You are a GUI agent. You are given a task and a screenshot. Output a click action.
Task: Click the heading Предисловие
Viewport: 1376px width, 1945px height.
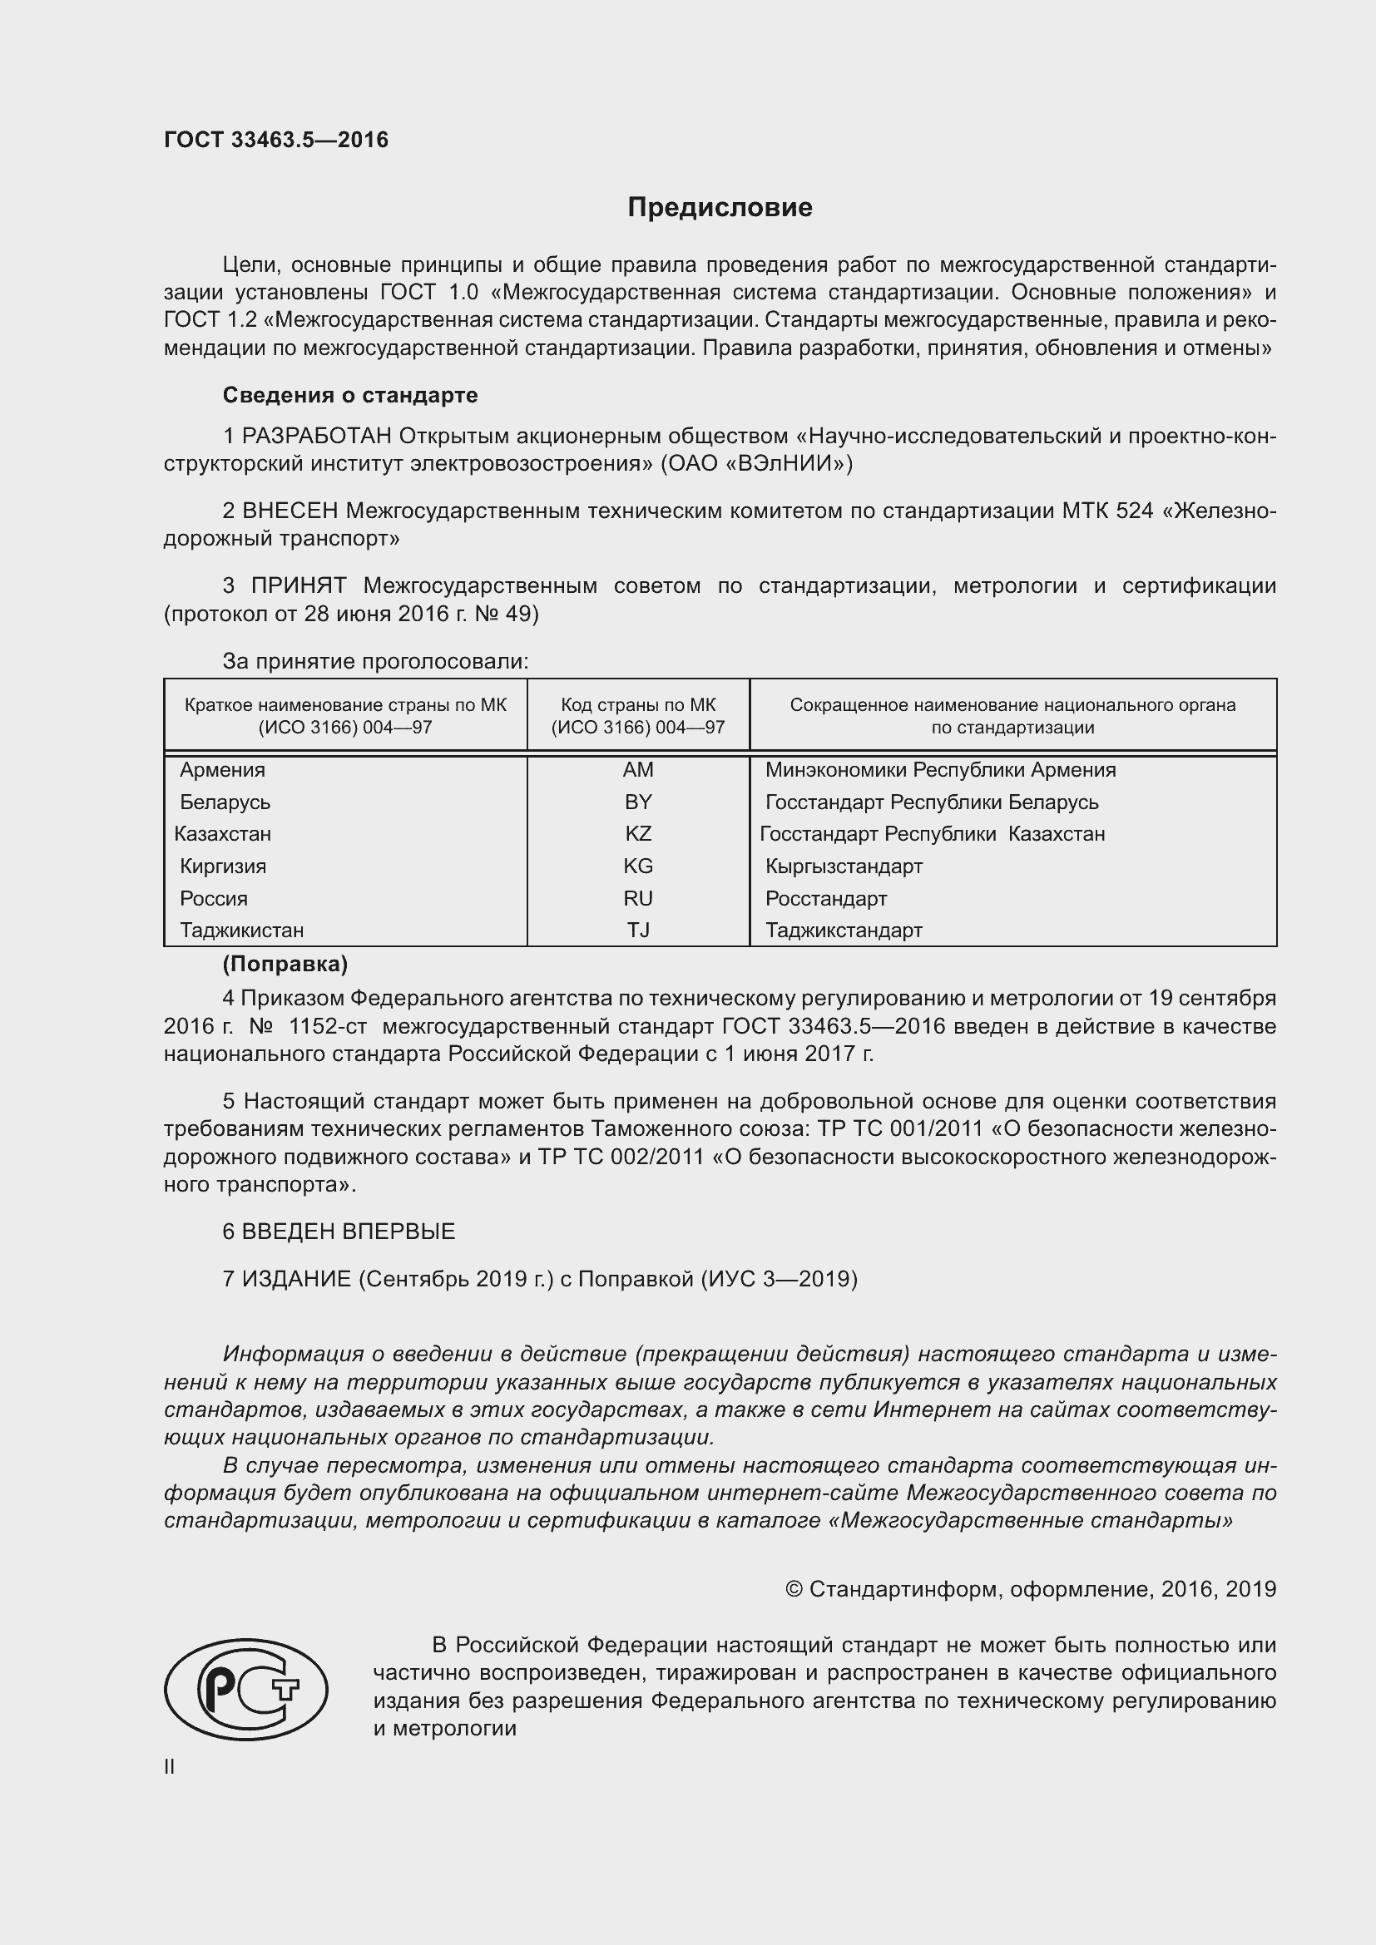(720, 208)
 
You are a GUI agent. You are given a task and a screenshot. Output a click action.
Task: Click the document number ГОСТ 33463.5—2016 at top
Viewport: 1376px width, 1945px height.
(275, 140)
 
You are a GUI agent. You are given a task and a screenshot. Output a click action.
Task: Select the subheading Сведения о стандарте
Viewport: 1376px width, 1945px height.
(350, 395)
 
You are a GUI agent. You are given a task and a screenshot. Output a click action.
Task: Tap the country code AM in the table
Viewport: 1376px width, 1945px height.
(637, 769)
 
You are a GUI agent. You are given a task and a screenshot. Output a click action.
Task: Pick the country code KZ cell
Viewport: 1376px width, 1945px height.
(637, 833)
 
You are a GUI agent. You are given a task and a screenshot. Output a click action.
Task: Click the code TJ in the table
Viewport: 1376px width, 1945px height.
(637, 931)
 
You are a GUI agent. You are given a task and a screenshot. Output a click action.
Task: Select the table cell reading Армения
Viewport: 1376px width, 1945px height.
(222, 769)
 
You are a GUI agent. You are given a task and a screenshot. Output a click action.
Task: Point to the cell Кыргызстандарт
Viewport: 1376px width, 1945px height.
(843, 866)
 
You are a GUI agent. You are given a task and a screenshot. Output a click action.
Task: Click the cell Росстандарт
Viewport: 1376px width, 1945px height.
(825, 898)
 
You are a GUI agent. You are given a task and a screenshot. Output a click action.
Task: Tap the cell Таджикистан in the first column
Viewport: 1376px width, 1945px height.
(241, 931)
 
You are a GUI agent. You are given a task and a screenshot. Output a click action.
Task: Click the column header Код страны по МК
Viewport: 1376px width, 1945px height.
(637, 705)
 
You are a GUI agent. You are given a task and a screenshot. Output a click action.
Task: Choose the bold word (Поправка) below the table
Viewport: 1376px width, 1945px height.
(285, 964)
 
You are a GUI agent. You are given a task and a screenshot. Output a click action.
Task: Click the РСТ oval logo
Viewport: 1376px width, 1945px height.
(245, 1689)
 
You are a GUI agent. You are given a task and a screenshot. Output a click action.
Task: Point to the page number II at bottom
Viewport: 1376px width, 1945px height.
(170, 1766)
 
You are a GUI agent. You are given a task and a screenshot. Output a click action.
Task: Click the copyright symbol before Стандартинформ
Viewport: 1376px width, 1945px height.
(794, 1589)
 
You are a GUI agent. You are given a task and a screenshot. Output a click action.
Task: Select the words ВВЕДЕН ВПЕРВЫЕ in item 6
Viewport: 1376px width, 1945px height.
(349, 1231)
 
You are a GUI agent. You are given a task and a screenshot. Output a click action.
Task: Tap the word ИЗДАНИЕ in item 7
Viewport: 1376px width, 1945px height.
(295, 1278)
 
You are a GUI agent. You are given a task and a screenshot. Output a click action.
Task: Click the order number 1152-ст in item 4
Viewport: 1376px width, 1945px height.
(327, 1026)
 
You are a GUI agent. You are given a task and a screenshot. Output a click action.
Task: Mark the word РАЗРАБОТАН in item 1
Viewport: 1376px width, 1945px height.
(316, 436)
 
